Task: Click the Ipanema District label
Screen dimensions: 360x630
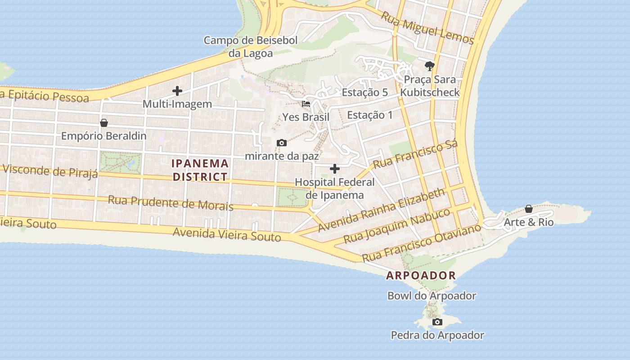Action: [x=200, y=170]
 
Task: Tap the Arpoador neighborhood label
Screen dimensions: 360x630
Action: [x=421, y=275]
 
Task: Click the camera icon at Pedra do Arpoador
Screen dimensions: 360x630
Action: [x=437, y=322]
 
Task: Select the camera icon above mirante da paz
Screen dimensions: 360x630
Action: [x=282, y=143]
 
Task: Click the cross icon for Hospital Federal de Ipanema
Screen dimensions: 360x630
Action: [x=335, y=169]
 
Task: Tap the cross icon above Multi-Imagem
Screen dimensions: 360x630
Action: [x=177, y=91]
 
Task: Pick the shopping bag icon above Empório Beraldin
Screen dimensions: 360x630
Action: [x=104, y=123]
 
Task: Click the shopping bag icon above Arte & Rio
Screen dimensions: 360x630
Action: [x=529, y=209]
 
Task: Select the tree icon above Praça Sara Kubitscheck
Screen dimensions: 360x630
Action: [x=430, y=66]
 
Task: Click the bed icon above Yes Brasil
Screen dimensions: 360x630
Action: [x=306, y=103]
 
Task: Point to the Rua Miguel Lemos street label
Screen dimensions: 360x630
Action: [x=427, y=28]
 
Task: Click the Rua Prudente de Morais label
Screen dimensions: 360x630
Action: [x=171, y=203]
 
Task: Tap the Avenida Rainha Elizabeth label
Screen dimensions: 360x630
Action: [x=381, y=211]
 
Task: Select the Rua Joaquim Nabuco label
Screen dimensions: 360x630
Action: [x=397, y=225]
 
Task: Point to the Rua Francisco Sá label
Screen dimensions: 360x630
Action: [x=415, y=154]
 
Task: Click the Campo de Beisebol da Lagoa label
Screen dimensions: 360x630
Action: [x=251, y=47]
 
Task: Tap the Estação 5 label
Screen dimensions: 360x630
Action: [x=365, y=93]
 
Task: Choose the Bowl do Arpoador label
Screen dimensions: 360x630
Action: [x=432, y=296]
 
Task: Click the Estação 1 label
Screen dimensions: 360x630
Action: [x=370, y=115]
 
